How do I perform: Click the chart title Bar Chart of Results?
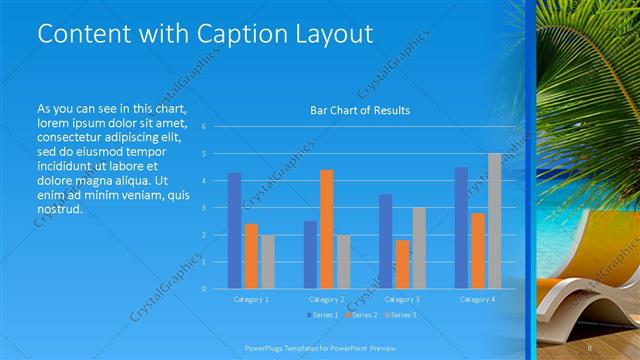tap(360, 110)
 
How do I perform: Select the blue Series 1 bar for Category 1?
tap(234, 230)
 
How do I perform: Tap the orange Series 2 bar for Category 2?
tap(326, 229)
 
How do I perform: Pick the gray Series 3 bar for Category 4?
tap(494, 221)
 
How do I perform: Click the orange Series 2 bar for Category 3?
tap(402, 264)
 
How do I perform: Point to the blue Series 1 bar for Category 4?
tap(461, 227)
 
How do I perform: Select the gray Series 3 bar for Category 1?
tap(267, 261)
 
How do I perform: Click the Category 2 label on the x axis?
tap(327, 299)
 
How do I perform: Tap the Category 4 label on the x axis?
tap(478, 299)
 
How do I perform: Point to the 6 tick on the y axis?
tap(203, 127)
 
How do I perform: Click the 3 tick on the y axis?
tap(203, 208)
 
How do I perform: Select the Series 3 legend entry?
tap(400, 315)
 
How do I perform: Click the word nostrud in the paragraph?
tap(57, 210)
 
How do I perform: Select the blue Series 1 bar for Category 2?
tap(310, 254)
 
